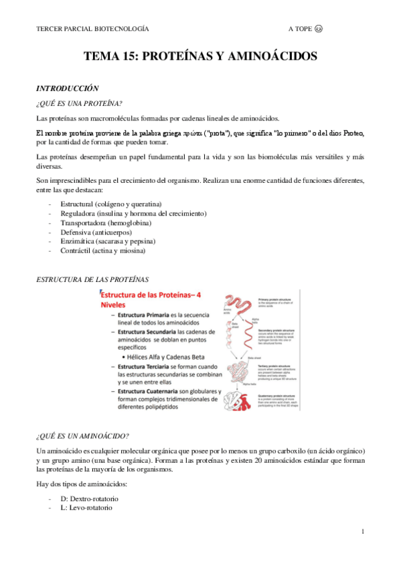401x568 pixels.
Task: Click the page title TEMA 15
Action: tap(200, 58)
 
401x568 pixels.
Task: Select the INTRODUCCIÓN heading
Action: tap(67, 88)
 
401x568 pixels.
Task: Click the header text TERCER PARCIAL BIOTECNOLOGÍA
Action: tap(92, 29)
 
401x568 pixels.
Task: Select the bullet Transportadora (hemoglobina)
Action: tap(105, 222)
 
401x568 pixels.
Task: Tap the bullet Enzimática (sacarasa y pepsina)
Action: tap(108, 241)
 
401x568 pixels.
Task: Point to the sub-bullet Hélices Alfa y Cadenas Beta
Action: tap(172, 357)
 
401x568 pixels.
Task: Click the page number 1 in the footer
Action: tap(362, 531)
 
